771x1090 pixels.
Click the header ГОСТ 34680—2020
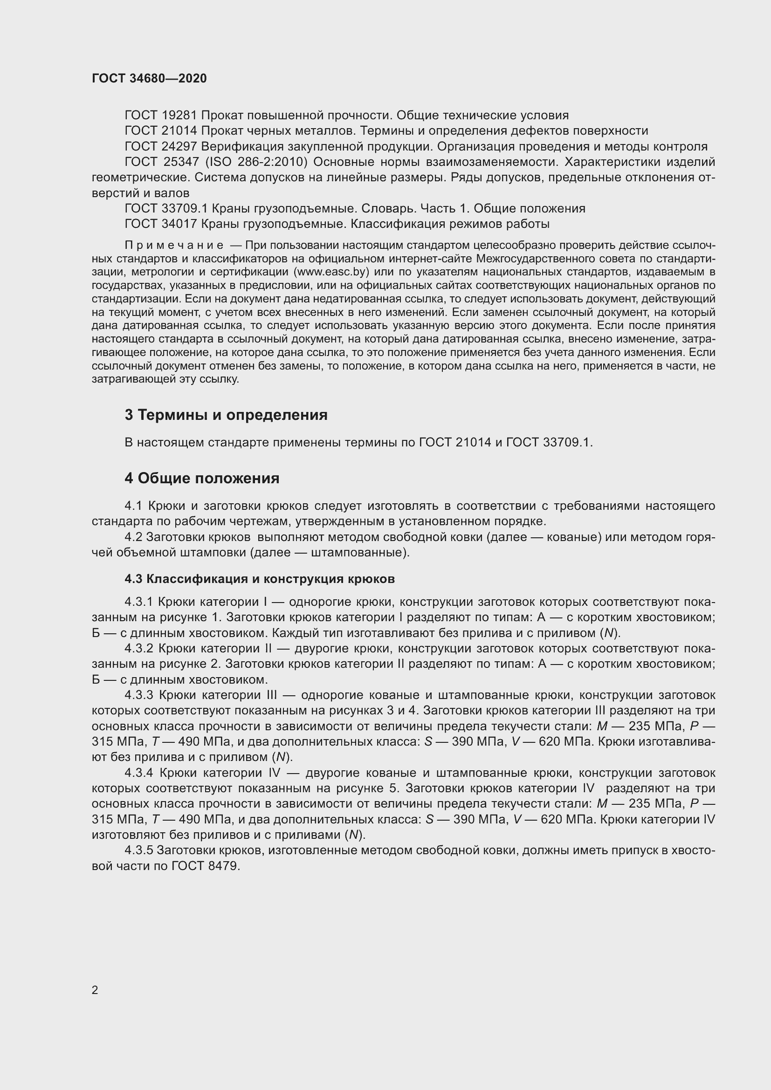[149, 78]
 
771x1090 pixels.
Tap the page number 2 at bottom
[95, 990]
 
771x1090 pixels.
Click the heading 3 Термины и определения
[226, 415]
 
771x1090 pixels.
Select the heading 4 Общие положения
[202, 478]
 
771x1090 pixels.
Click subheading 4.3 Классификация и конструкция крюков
[260, 579]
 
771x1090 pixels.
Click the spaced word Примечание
[174, 246]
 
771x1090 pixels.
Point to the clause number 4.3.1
[138, 602]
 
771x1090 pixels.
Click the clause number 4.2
[133, 537]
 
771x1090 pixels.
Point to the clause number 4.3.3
[138, 695]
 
